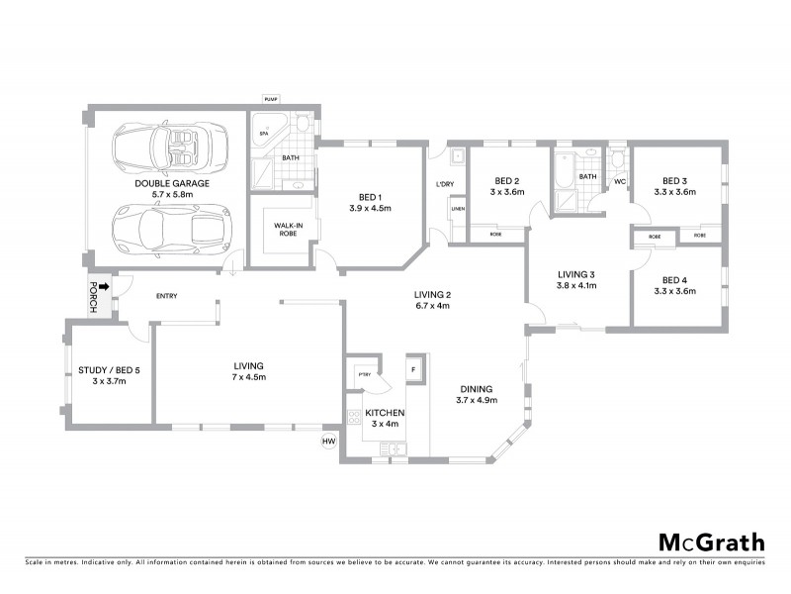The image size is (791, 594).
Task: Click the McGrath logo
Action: pos(711,542)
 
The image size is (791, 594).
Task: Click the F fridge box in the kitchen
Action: pos(414,368)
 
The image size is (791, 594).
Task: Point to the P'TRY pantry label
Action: pos(363,374)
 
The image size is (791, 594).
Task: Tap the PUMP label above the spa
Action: pos(271,99)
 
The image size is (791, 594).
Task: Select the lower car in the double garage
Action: pos(168,230)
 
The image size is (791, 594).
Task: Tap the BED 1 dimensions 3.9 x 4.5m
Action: pos(371,209)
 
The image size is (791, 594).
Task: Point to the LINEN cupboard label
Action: pos(457,209)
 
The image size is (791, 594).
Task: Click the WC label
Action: pos(620,182)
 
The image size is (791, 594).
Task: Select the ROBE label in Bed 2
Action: pos(494,236)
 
